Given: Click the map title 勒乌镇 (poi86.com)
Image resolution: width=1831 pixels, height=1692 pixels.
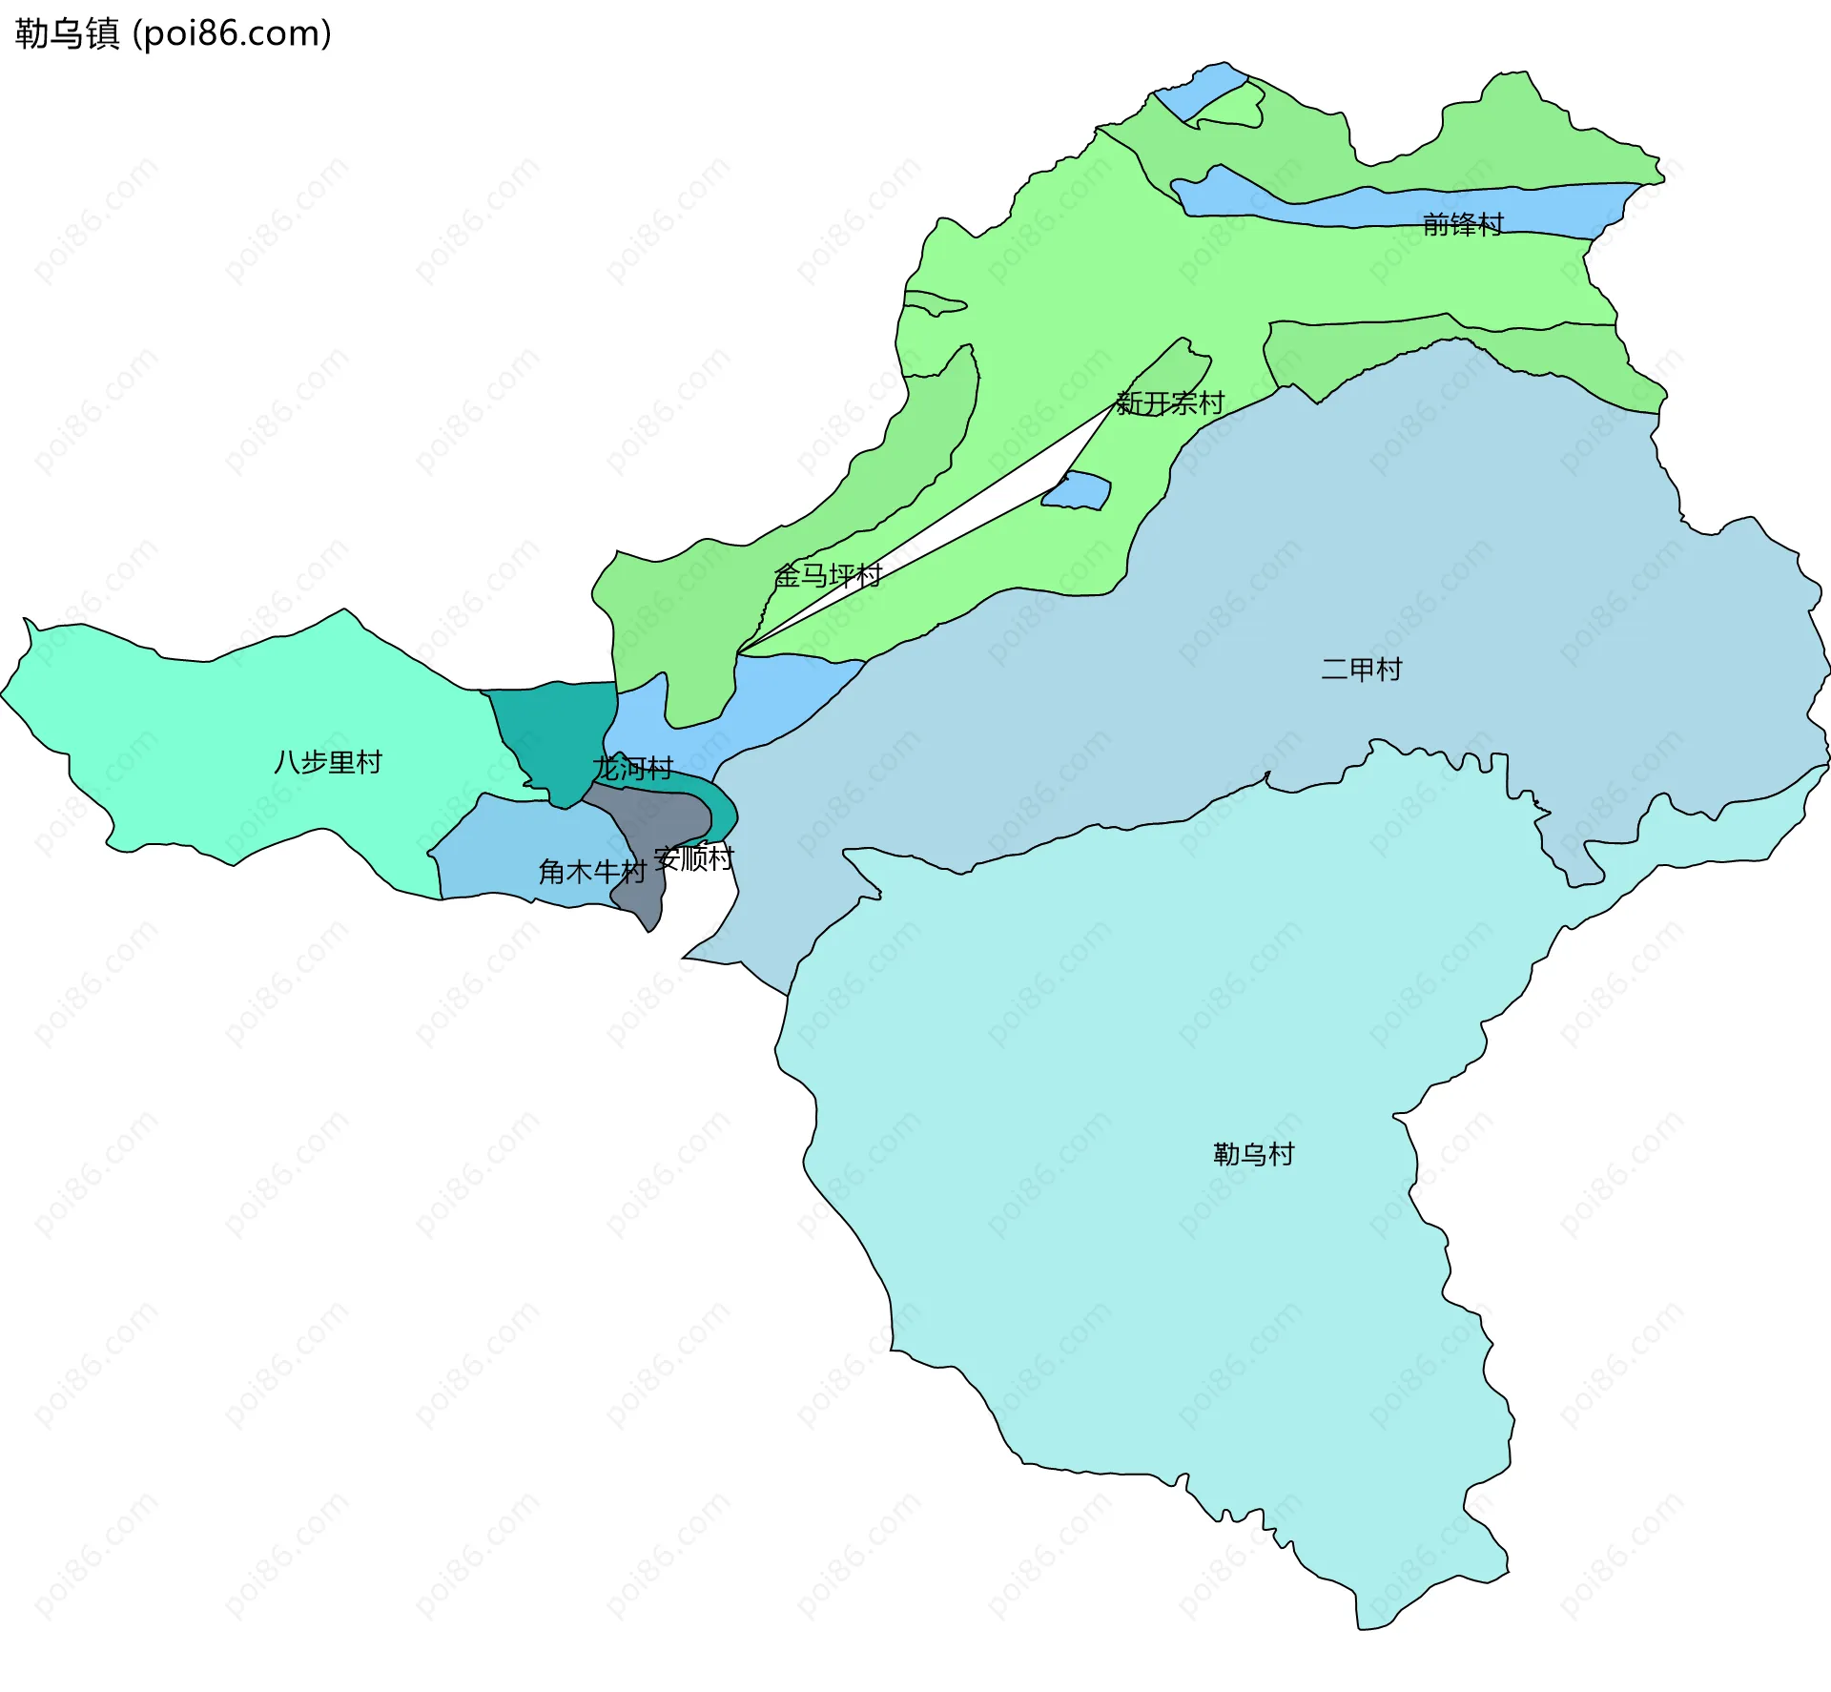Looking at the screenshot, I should tap(173, 33).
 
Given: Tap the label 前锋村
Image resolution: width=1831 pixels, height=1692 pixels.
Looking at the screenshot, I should tap(1462, 225).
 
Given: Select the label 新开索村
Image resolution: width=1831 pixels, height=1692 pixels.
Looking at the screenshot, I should tap(1170, 403).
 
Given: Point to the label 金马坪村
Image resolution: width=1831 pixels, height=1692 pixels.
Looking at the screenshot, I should tap(828, 575).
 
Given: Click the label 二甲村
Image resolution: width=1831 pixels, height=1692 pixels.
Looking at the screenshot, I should tap(1361, 670).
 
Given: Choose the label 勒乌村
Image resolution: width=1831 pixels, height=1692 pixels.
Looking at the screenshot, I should tap(1253, 1155).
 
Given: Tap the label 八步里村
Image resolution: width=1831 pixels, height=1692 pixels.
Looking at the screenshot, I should tap(327, 762).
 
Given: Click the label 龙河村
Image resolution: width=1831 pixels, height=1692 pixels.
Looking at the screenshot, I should tap(632, 768).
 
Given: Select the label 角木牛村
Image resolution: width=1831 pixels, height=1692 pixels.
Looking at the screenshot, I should tap(591, 871).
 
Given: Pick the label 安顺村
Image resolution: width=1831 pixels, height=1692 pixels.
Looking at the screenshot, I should tap(693, 859).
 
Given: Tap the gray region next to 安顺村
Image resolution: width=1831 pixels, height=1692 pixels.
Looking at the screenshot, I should tap(658, 820).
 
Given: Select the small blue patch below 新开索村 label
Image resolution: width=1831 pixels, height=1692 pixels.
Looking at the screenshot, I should tap(1078, 491).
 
